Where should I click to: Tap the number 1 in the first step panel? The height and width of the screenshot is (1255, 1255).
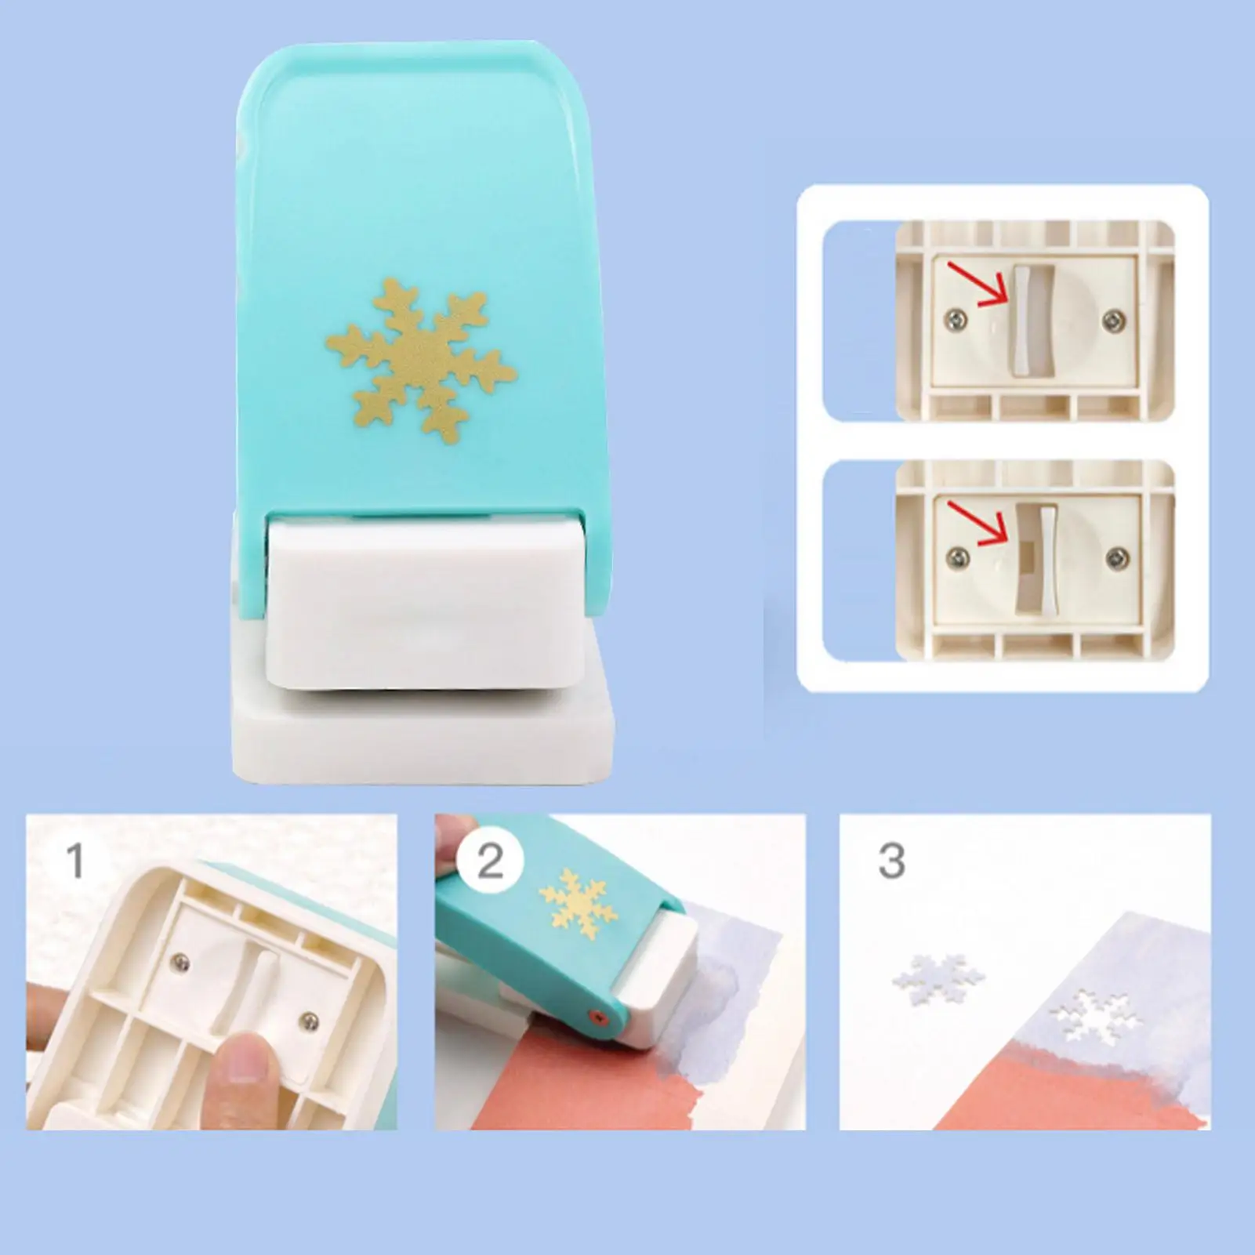tap(75, 860)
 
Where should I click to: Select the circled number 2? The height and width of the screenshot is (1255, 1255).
tap(490, 861)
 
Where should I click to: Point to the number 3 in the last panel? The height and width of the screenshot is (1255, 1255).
tap(891, 861)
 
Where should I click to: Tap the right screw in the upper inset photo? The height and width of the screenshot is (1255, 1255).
tap(1111, 317)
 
